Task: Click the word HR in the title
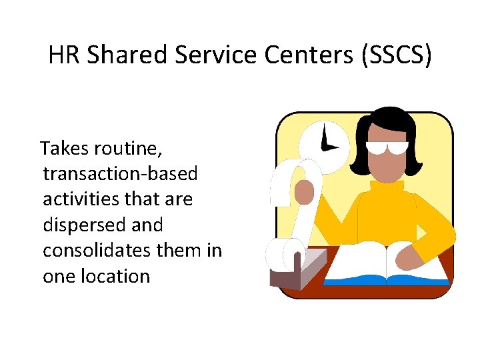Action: point(65,55)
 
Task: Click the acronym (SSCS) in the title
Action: point(396,55)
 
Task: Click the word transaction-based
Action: point(120,174)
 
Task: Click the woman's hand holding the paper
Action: point(304,192)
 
